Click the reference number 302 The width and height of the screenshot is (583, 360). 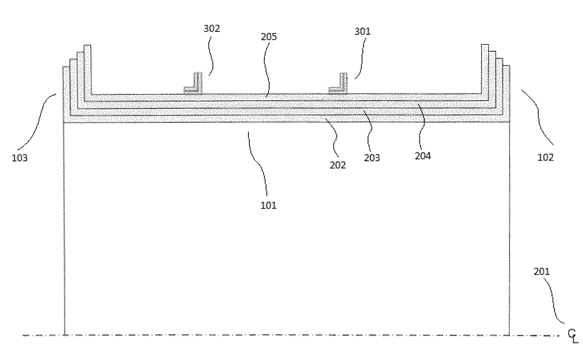pyautogui.click(x=212, y=29)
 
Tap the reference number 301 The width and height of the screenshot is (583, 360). pyautogui.click(x=362, y=32)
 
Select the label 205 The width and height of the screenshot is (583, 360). pyautogui.click(x=269, y=37)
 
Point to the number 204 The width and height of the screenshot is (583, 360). pyautogui.click(x=423, y=156)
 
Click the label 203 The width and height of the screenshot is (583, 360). pyautogui.click(x=372, y=158)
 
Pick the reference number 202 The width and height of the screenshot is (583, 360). pyautogui.click(x=338, y=165)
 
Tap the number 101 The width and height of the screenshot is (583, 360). pyautogui.click(x=269, y=205)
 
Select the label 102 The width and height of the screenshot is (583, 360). pyautogui.click(x=546, y=158)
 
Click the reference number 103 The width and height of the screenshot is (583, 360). pyautogui.click(x=20, y=158)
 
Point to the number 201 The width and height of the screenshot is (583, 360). pyautogui.click(x=542, y=272)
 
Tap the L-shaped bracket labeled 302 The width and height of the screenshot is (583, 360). pyautogui.click(x=195, y=85)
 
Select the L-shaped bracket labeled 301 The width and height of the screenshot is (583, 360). pyautogui.click(x=339, y=84)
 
